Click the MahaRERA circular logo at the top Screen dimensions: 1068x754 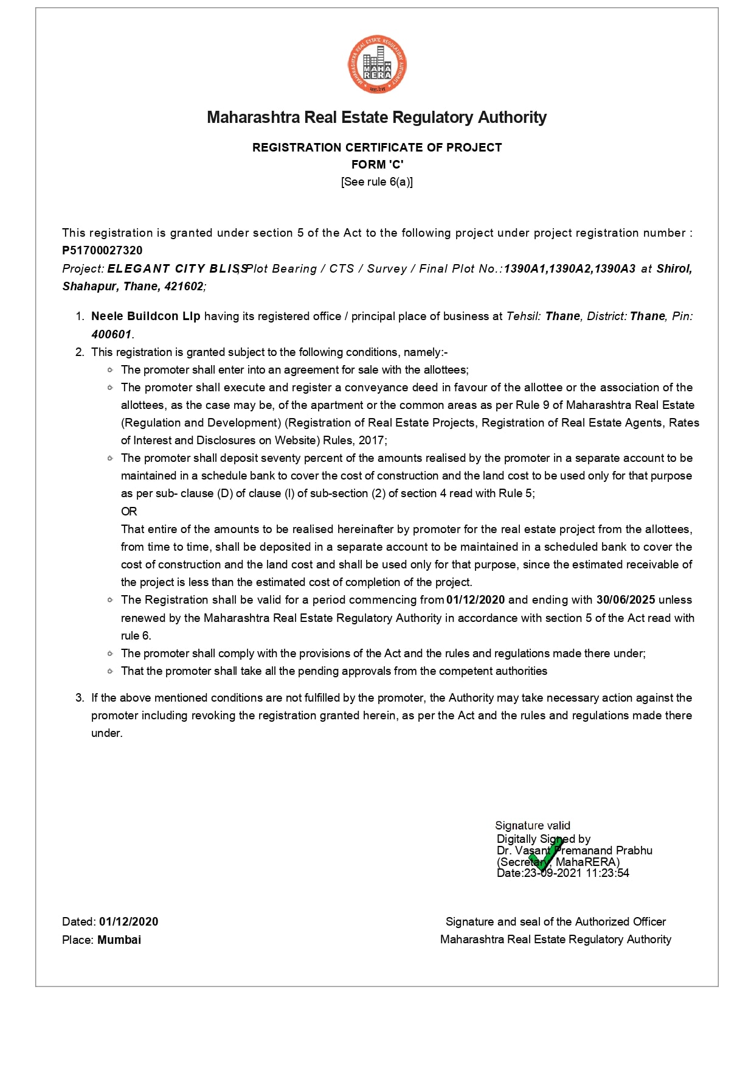click(377, 65)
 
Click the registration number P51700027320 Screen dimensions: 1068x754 click(102, 250)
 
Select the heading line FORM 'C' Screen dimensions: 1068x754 click(377, 164)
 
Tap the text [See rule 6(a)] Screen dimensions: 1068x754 click(377, 181)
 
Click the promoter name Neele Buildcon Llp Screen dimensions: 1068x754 click(146, 316)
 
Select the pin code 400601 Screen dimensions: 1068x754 click(111, 334)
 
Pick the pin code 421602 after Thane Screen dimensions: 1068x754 click(184, 286)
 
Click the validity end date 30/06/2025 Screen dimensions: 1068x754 click(626, 599)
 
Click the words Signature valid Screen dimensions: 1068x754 click(533, 825)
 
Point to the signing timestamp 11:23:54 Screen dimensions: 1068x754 click(607, 873)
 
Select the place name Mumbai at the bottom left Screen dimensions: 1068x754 click(119, 940)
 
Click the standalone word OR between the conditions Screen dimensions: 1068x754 click(129, 511)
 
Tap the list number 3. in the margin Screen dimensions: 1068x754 click(80, 697)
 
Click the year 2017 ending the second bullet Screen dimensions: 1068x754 click(372, 440)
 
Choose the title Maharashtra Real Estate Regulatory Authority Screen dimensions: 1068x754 click(377, 117)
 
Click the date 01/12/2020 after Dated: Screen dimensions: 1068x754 click(129, 921)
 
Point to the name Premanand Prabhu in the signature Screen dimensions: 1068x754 click(604, 850)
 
